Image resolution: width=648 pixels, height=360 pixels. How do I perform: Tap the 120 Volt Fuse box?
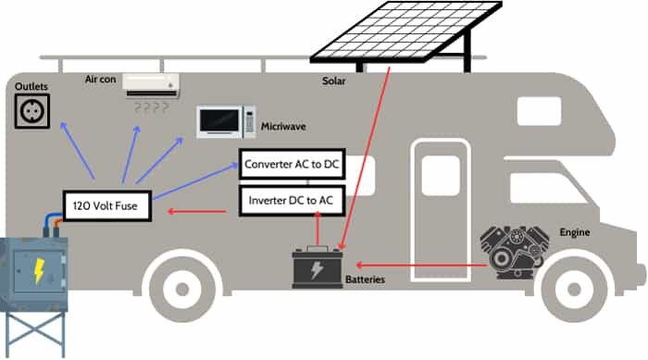pos(107,205)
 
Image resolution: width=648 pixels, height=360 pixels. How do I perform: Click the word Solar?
pos(334,81)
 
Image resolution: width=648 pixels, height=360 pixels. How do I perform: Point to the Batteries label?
pos(365,279)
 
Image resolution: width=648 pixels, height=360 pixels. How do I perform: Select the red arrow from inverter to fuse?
pos(198,213)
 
